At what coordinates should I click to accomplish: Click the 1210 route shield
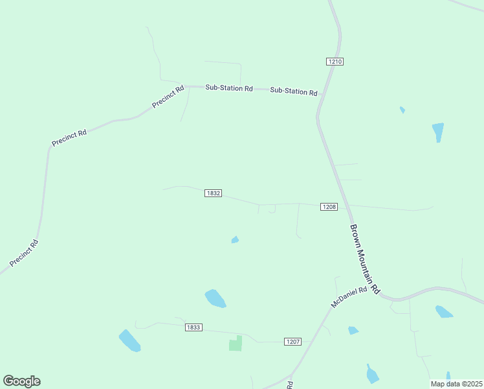335,62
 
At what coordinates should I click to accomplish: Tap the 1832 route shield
214,193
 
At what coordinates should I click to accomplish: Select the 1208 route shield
329,207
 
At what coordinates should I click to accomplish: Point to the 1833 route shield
193,327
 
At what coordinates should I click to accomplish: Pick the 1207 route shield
292,341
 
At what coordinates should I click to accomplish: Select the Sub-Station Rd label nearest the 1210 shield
294,91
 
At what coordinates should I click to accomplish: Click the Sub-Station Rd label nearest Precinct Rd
229,88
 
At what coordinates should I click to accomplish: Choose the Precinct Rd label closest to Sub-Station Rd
168,97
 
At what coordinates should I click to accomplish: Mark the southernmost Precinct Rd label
25,253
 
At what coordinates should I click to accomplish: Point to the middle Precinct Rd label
69,138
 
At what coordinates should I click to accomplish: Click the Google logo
21,381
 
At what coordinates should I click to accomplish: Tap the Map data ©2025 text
456,384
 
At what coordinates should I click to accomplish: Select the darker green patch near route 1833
236,344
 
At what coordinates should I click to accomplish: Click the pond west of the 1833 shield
129,340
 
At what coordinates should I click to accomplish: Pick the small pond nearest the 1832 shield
235,240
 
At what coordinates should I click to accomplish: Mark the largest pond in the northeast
438,132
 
